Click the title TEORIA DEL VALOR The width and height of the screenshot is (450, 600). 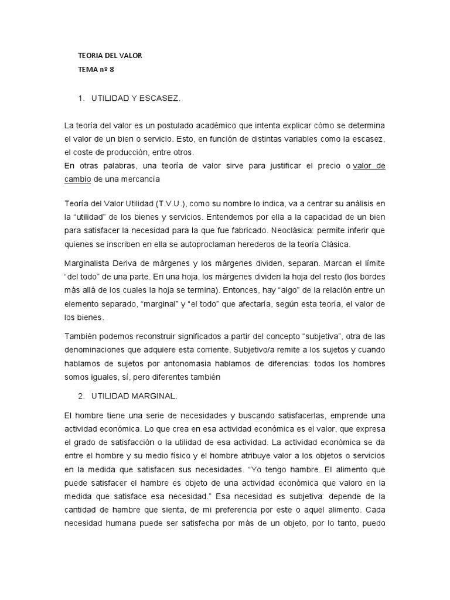(x=110, y=56)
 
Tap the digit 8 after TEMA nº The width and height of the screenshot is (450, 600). (x=110, y=69)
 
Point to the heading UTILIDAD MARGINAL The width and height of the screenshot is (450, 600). (x=134, y=396)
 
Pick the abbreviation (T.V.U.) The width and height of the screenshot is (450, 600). (x=173, y=203)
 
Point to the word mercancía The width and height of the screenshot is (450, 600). (x=140, y=179)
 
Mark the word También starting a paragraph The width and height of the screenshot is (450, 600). (x=82, y=336)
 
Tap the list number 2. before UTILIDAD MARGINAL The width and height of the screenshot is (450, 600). (x=81, y=396)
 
